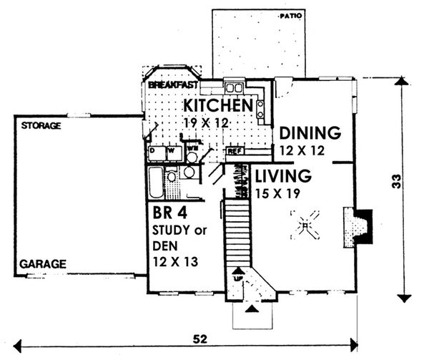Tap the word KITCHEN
pyautogui.click(x=219, y=106)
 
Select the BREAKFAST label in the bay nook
pyautogui.click(x=173, y=85)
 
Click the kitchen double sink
pyautogui.click(x=233, y=88)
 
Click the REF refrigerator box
pyautogui.click(x=234, y=151)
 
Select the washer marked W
pyautogui.click(x=172, y=152)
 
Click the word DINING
pyautogui.click(x=308, y=133)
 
